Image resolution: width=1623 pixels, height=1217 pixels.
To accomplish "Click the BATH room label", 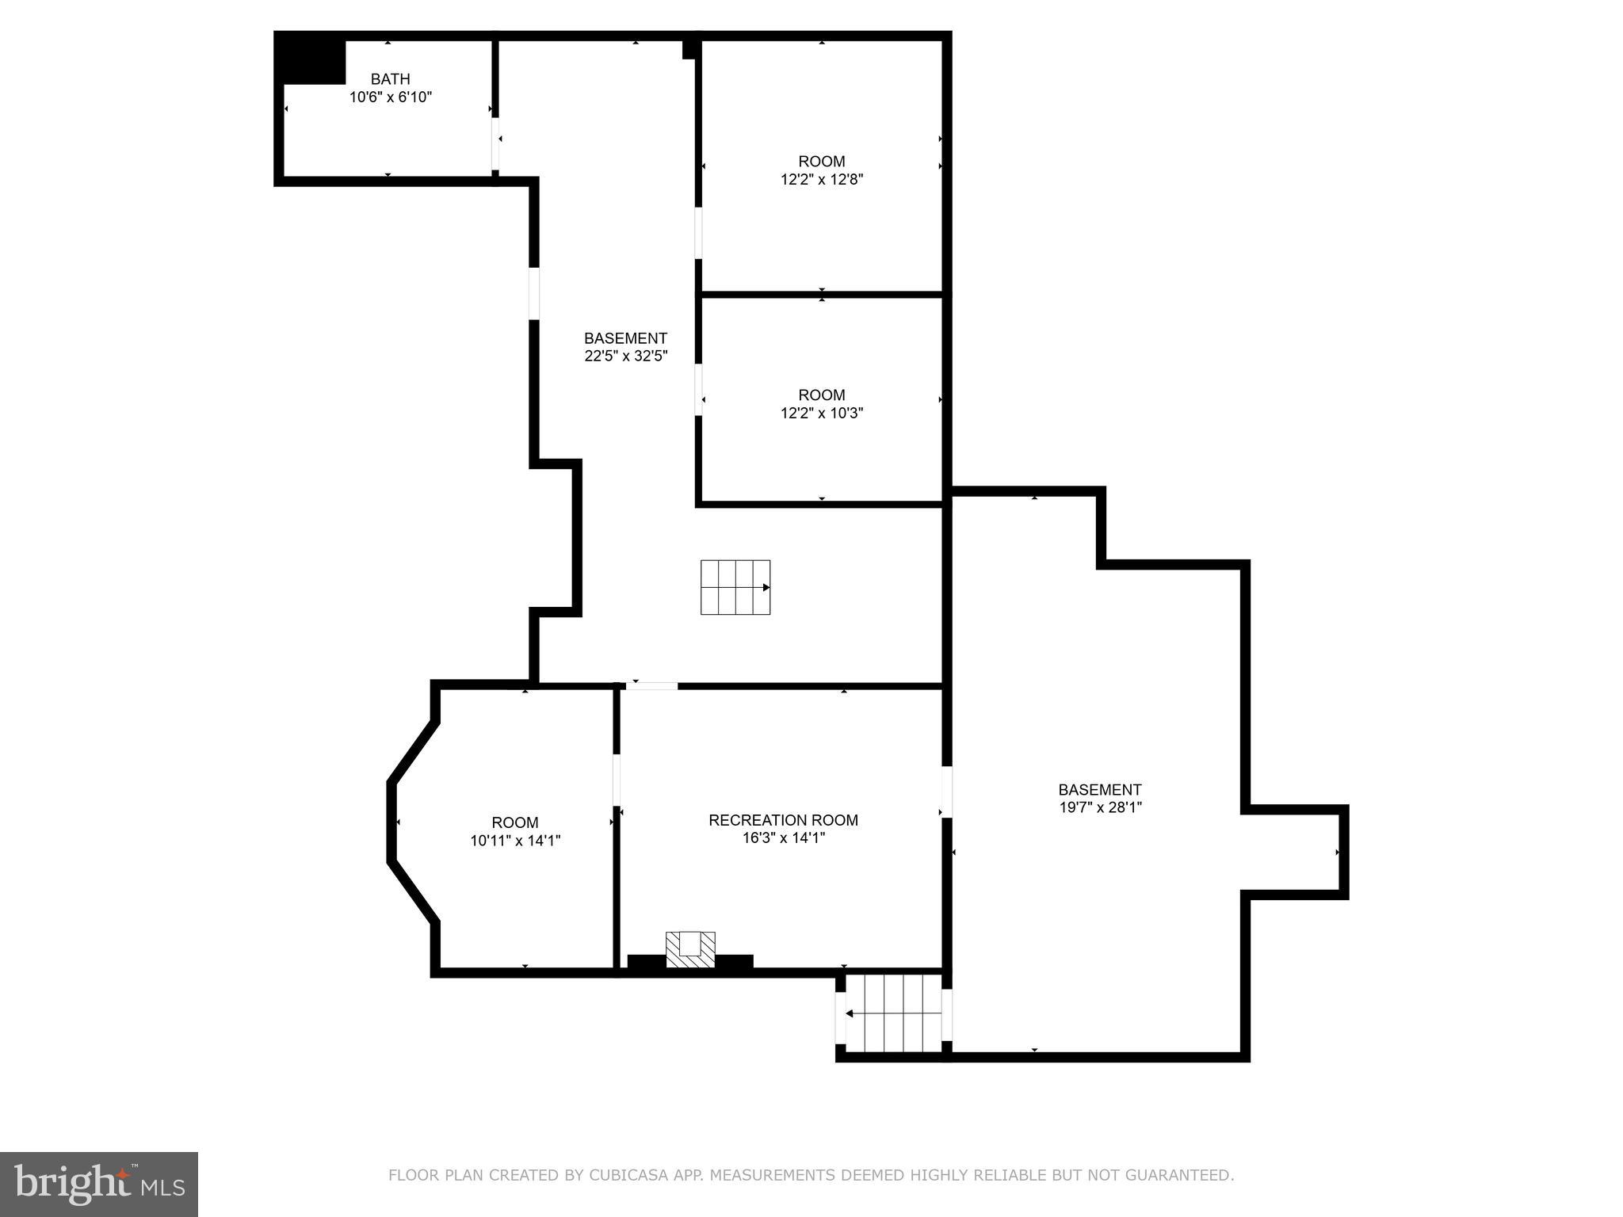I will pos(390,79).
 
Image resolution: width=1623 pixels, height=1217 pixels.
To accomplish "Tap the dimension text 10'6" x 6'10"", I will pos(390,97).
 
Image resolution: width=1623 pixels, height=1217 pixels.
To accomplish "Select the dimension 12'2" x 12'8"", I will pos(821,180).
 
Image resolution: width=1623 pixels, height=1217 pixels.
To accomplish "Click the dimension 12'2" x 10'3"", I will pos(821,413).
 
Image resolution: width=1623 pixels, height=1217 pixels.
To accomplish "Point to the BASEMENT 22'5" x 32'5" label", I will pos(625,347).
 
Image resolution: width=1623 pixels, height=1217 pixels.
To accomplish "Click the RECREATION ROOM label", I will pos(783,820).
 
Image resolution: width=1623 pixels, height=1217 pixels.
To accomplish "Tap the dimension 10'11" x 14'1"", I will pos(515,841).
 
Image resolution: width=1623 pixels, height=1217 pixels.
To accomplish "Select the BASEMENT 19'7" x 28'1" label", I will pos(1099,798).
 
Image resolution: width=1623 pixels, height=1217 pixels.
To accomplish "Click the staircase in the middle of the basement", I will pos(735,587).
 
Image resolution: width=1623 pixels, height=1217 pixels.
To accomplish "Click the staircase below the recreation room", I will pos(893,1013).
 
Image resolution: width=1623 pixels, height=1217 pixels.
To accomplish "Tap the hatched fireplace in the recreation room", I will pos(690,948).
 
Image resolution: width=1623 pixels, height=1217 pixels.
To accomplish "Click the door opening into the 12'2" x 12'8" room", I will pos(698,233).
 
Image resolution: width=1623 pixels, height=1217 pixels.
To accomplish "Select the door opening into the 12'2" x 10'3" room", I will pos(698,389).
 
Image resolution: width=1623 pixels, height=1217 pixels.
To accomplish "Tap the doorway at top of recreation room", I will pos(651,685).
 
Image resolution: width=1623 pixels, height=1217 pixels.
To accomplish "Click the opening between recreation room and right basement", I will pos(946,792).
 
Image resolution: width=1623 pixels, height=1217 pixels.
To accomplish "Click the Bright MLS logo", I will pos(99,1184).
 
